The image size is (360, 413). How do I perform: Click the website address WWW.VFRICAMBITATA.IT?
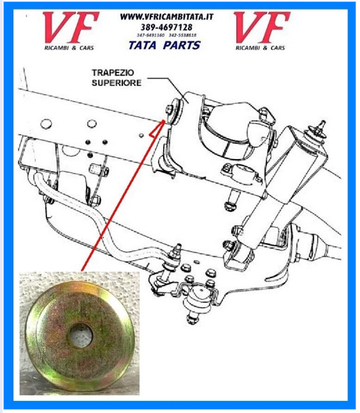point(166,17)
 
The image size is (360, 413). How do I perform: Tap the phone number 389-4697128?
point(166,27)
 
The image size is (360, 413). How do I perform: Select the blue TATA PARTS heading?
point(164,45)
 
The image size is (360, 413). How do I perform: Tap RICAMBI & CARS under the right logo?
point(261,47)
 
